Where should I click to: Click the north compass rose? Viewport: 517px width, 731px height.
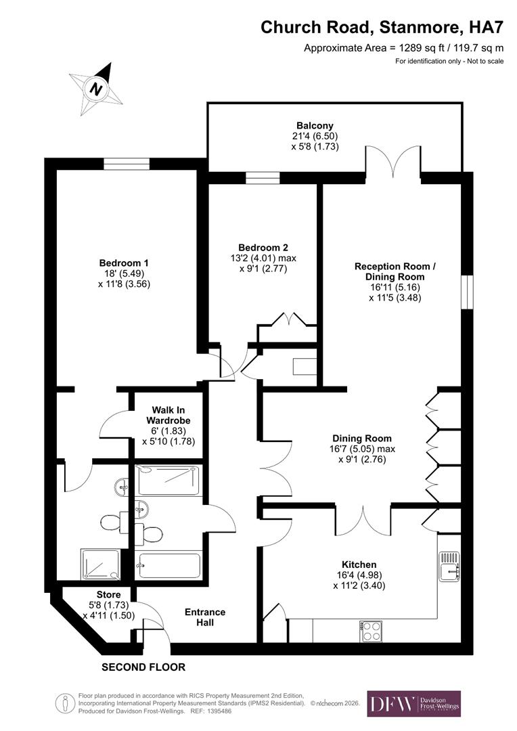[x=96, y=89]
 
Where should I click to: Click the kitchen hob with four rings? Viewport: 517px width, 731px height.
[x=372, y=631]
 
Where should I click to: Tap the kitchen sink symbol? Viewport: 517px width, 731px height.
[x=449, y=567]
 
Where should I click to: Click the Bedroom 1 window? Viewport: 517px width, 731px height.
[x=126, y=164]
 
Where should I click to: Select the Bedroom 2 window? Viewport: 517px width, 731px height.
[x=262, y=178]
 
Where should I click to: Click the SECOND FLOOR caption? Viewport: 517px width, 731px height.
[x=143, y=667]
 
